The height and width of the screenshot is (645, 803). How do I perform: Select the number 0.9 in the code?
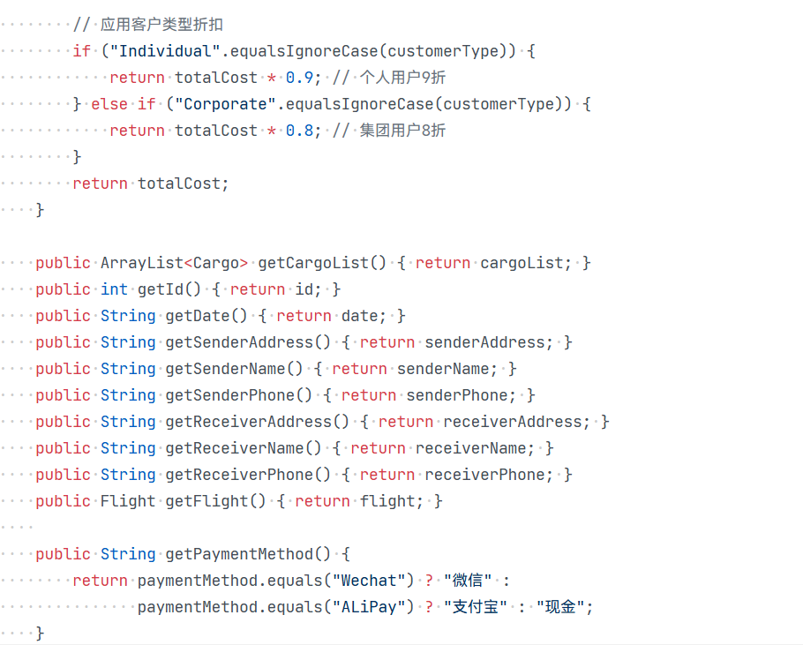point(299,78)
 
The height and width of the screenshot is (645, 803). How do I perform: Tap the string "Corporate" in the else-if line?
point(225,104)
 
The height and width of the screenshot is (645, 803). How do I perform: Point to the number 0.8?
point(299,131)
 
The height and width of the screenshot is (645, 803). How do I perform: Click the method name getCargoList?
point(313,263)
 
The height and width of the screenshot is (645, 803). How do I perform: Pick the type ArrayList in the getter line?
point(142,263)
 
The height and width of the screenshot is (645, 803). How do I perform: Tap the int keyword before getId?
point(114,289)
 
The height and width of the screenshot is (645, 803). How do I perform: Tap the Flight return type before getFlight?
point(128,501)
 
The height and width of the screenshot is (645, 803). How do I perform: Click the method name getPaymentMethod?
point(239,554)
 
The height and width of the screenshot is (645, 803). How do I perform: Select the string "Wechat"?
point(368,581)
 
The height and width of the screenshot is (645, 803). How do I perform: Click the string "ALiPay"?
point(368,607)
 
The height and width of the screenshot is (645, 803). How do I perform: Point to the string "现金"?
point(560,607)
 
